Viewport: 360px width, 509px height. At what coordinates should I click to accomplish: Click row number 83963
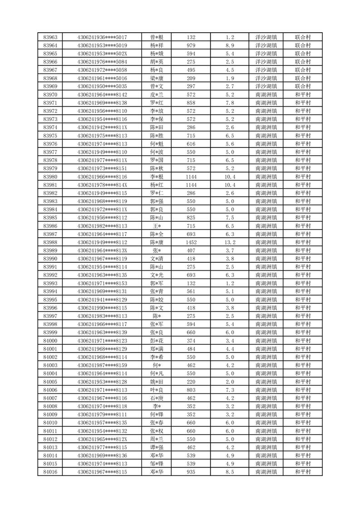(x=50, y=37)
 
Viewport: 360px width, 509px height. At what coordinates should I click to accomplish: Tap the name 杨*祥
(x=156, y=45)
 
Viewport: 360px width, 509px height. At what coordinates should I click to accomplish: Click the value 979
(x=191, y=45)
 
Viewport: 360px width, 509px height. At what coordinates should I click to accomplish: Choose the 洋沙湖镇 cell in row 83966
(x=266, y=62)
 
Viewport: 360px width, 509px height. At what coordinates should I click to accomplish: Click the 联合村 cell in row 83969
(x=302, y=86)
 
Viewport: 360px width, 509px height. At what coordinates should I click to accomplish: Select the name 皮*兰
(x=156, y=94)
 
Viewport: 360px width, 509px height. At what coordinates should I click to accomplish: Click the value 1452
(x=191, y=242)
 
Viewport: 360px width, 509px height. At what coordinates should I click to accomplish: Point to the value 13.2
(x=230, y=242)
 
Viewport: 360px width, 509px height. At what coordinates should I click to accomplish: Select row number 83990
(x=50, y=259)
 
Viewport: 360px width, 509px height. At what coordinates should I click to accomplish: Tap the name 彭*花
(x=156, y=341)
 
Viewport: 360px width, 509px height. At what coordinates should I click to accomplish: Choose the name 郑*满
(x=156, y=349)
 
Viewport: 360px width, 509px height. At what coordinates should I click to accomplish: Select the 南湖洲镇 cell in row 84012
(x=266, y=439)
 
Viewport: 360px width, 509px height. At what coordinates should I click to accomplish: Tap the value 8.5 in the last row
(x=230, y=472)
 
